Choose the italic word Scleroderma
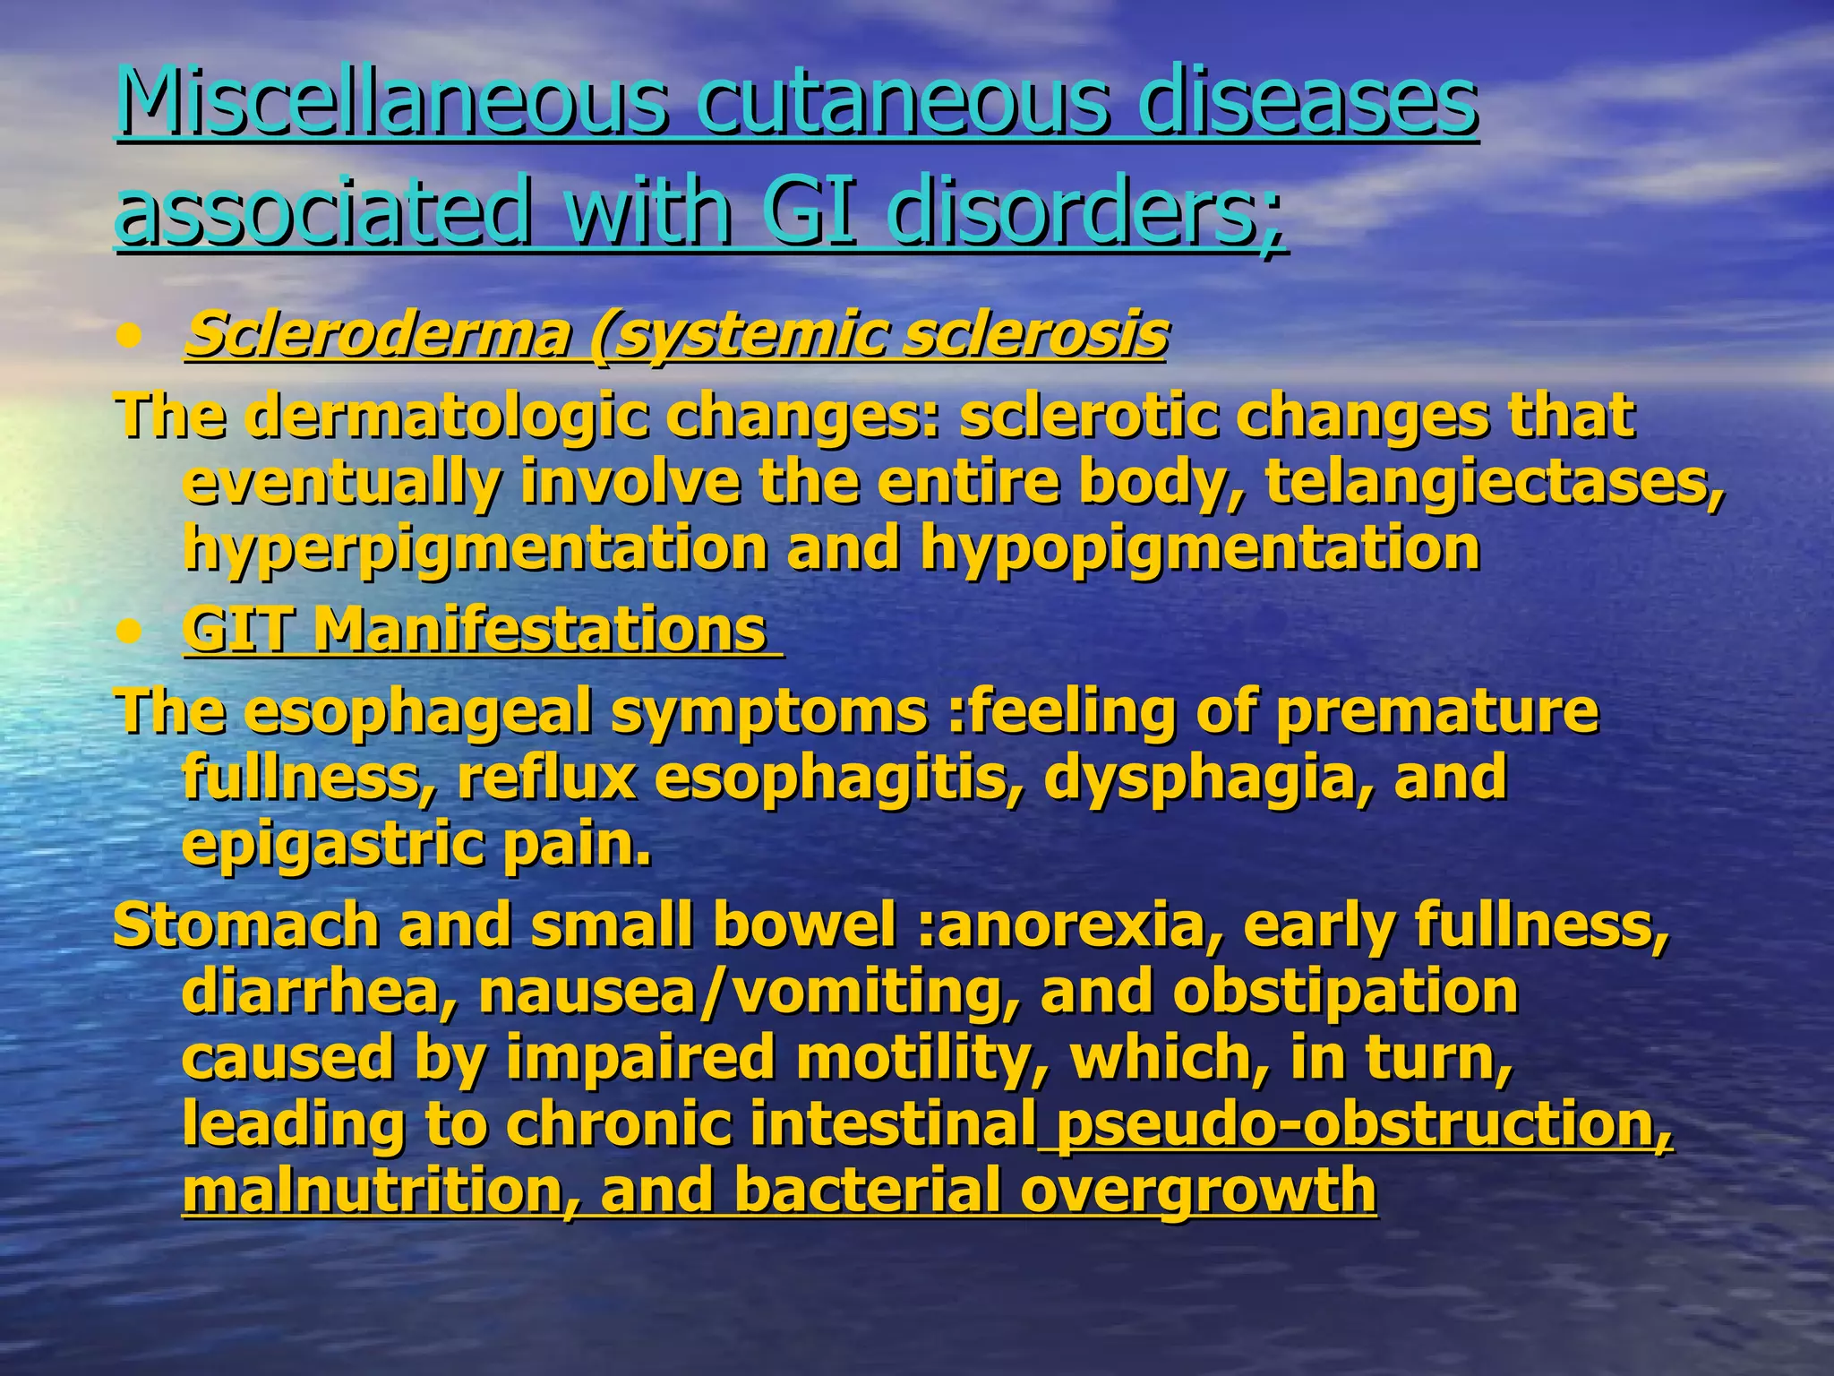tap(377, 334)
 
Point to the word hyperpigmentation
tap(476, 547)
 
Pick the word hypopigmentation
tap(1200, 547)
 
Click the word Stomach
tap(246, 924)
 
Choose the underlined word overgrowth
tap(1197, 1190)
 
